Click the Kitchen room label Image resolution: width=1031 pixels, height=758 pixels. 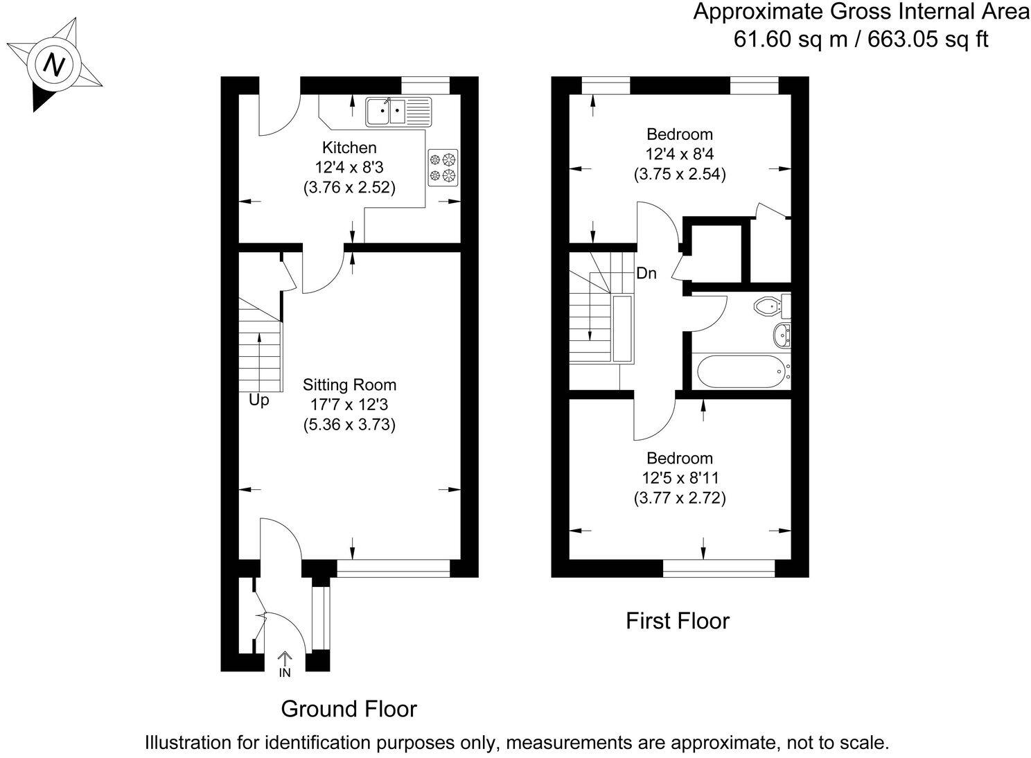coord(349,148)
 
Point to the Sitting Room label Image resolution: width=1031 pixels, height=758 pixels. coord(349,385)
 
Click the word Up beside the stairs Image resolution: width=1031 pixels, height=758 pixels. coord(258,400)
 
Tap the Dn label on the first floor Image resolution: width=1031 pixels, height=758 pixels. coord(646,274)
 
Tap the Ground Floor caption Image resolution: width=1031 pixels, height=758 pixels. coord(349,709)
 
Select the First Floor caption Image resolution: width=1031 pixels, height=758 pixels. coord(677,621)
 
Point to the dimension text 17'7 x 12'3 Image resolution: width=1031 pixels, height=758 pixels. coord(349,405)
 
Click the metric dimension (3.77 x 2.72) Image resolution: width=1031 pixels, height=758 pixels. coord(679,497)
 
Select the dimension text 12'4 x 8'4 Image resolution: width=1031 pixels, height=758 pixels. coord(679,154)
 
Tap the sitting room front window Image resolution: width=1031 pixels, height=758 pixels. coord(393,568)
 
